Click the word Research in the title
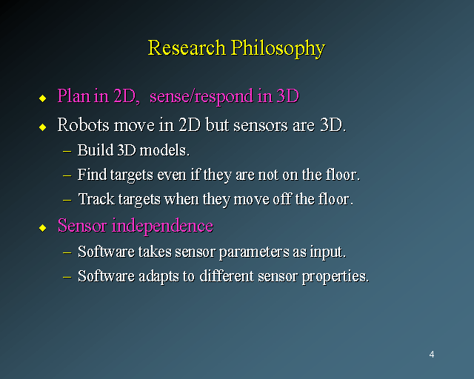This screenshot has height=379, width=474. [x=187, y=48]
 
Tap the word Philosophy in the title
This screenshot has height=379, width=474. [x=278, y=49]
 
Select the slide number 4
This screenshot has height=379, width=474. [x=432, y=355]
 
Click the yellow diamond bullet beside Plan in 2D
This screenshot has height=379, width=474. [x=43, y=98]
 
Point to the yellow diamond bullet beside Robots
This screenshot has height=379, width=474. [x=43, y=127]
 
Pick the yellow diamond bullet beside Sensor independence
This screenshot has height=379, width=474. [x=43, y=227]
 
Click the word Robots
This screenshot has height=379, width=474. [x=84, y=124]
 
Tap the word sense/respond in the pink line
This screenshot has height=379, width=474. [x=201, y=97]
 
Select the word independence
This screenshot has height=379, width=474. [x=162, y=226]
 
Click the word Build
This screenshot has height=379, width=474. [x=96, y=150]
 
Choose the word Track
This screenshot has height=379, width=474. [x=96, y=199]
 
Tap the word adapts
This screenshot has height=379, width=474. [x=158, y=277]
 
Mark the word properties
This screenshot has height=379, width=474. [x=336, y=277]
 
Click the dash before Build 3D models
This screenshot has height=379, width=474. [x=67, y=151]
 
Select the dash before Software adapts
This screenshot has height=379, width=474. [x=67, y=277]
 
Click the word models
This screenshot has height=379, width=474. [x=164, y=150]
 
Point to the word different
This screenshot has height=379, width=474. [x=227, y=276]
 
